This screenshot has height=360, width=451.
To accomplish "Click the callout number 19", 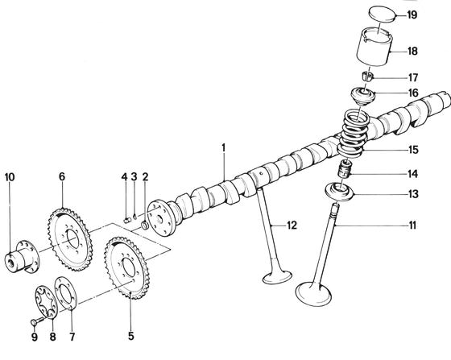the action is [412, 14].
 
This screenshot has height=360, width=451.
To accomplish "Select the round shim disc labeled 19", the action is [383, 14].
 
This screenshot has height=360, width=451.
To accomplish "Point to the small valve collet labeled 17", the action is [367, 77].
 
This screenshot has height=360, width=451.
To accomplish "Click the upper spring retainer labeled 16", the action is [363, 97].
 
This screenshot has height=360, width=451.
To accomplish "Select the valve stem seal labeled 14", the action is [345, 169].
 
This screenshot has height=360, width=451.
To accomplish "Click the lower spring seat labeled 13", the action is [339, 191].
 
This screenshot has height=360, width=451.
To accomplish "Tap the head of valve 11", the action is [313, 294].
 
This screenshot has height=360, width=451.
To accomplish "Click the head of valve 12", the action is [277, 277].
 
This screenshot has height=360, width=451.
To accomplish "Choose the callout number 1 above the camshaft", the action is [224, 148].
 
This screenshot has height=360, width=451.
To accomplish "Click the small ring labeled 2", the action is [145, 225].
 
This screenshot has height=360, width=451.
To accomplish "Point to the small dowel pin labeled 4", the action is [128, 221].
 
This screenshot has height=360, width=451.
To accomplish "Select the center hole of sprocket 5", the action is [129, 268].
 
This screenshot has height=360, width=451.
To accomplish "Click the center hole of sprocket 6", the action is [72, 238].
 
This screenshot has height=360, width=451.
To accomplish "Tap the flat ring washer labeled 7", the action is [66, 294].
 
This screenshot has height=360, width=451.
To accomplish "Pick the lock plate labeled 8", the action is [46, 302].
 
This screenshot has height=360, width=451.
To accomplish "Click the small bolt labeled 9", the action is [36, 321].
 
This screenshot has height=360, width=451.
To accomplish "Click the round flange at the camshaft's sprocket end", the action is [161, 218].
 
